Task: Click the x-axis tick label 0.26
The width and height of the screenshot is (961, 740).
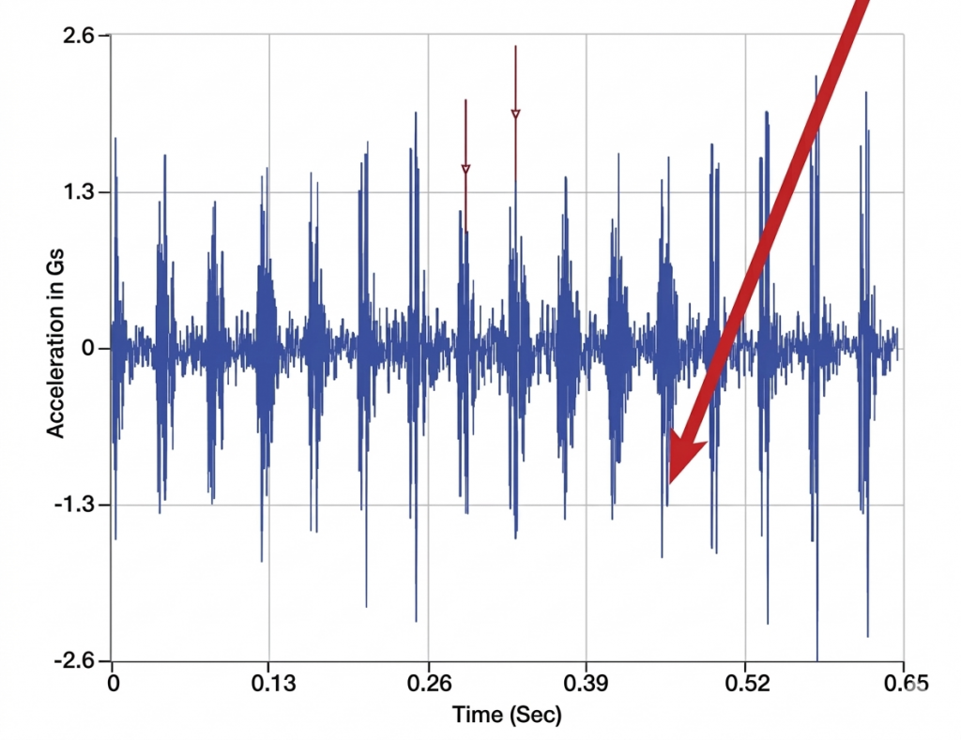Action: point(428,684)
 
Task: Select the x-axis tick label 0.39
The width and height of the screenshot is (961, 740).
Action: point(587,684)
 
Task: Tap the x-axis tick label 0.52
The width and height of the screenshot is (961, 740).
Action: point(745,684)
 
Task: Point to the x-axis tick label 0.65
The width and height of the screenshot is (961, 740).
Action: point(904,684)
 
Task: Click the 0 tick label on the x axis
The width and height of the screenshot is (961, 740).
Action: point(114,684)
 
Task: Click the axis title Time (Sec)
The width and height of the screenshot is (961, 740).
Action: point(507,715)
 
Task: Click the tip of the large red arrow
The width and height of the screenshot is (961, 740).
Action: point(670,482)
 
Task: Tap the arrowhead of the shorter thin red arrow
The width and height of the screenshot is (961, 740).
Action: point(465,171)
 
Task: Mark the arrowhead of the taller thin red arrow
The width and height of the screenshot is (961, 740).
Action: point(515,115)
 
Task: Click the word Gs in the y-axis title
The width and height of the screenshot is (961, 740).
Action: point(55,272)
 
